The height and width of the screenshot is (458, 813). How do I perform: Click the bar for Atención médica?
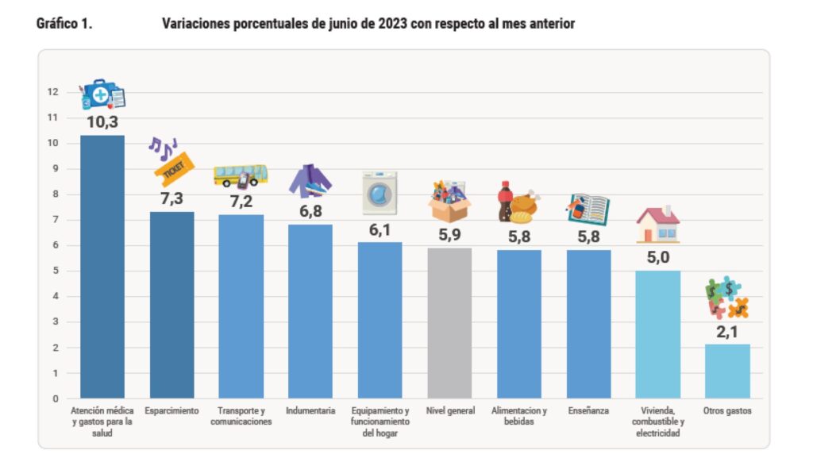pos(102,266)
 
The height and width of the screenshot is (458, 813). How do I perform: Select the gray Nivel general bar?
pos(449,322)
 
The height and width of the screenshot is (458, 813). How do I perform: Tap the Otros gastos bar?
pos(727,371)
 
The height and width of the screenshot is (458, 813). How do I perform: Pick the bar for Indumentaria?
pos(310,311)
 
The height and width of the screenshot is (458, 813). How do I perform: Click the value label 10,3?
pos(102,121)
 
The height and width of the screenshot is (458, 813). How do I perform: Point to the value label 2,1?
pos(727,331)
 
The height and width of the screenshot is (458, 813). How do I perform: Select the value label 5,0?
pos(658,257)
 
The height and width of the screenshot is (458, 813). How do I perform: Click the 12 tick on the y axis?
pos(53,92)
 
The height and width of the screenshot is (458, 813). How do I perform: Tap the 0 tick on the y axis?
pos(56,398)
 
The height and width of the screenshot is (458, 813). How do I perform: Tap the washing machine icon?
pos(380,193)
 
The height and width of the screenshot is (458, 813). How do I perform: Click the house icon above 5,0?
pos(658,225)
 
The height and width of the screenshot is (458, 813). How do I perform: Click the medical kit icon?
pos(103,94)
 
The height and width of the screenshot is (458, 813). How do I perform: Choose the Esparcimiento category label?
pos(171,411)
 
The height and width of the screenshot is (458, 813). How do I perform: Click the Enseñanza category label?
pos(588,411)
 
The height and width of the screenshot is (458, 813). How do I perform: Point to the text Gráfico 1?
pos(64,25)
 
